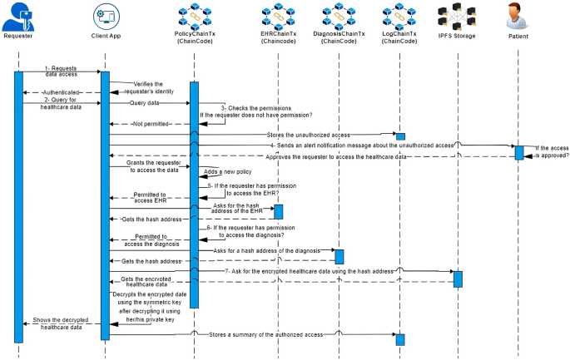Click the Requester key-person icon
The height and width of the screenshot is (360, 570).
coord(17,17)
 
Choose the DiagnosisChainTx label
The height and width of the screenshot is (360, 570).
coord(339,37)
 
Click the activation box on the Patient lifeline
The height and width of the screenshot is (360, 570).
coord(518,152)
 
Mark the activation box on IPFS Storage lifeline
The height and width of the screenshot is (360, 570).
coord(458,278)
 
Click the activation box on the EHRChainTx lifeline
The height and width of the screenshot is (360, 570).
coord(279,212)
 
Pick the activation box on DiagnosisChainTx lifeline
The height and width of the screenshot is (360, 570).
coord(340,255)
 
